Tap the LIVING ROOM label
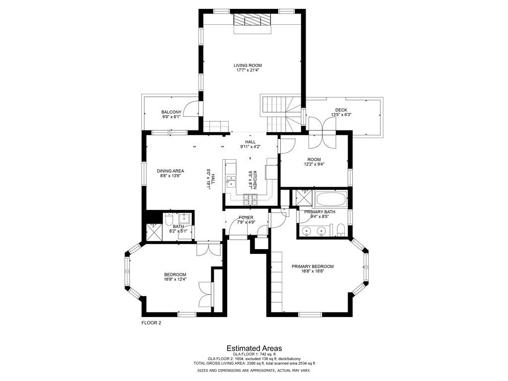[248, 65]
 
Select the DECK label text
[341, 110]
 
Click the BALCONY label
[171, 112]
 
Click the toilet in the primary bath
[341, 230]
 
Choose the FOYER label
[246, 217]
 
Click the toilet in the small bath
[169, 218]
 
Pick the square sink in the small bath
[185, 217]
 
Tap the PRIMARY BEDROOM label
[313, 266]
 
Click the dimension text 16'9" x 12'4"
[175, 280]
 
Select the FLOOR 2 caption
[151, 322]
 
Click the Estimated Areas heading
[254, 348]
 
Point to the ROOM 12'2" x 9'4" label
[314, 162]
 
